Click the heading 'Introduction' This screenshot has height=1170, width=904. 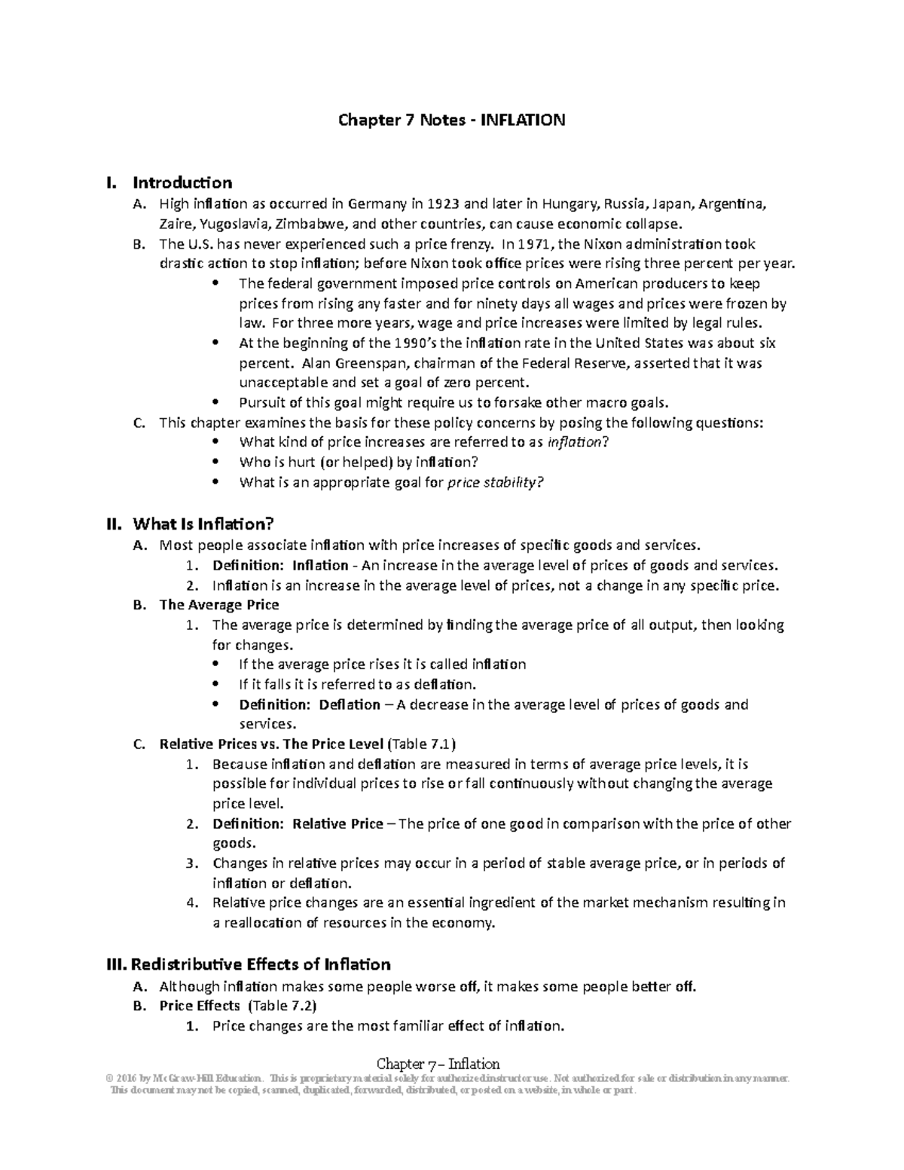coord(182,183)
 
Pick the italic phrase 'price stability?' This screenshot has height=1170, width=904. coord(495,483)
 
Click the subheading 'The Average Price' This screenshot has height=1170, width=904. coord(219,604)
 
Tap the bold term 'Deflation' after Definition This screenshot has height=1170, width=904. coord(350,704)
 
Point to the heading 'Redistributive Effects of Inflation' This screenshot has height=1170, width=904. coord(261,965)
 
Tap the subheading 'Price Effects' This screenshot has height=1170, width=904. coord(200,1006)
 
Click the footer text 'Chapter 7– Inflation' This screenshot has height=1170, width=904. coord(438,1064)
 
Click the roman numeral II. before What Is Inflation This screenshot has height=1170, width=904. coord(115,524)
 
